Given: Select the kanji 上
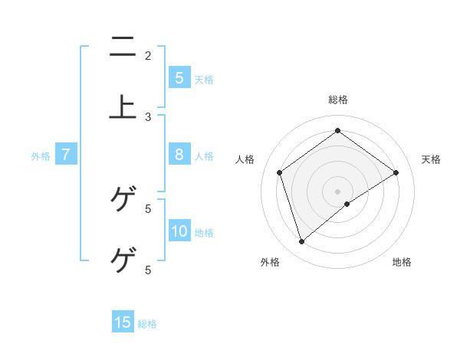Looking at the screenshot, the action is [x=123, y=106].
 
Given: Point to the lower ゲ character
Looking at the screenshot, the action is [x=123, y=260].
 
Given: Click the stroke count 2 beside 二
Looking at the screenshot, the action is [x=148, y=55].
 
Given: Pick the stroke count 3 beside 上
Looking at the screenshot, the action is [x=148, y=116].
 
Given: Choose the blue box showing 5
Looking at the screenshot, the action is [x=179, y=78].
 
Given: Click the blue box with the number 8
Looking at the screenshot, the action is [x=179, y=155].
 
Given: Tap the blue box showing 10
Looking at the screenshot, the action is [x=179, y=231].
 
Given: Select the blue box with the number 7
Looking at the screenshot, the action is [x=66, y=155].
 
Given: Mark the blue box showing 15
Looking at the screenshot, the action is [x=123, y=322].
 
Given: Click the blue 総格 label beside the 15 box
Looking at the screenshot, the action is [x=147, y=324].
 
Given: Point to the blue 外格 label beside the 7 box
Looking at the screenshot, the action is [x=41, y=156].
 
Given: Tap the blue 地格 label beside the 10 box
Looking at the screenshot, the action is [x=204, y=233].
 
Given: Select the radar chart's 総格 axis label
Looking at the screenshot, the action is [x=338, y=100].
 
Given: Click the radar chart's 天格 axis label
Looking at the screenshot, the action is [x=431, y=159].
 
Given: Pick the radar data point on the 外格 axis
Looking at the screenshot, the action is [x=301, y=242].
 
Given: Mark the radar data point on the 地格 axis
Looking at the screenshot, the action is [x=347, y=204].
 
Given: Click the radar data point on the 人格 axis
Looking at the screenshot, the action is [x=280, y=172].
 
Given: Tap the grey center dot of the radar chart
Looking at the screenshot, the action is [x=338, y=191].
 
